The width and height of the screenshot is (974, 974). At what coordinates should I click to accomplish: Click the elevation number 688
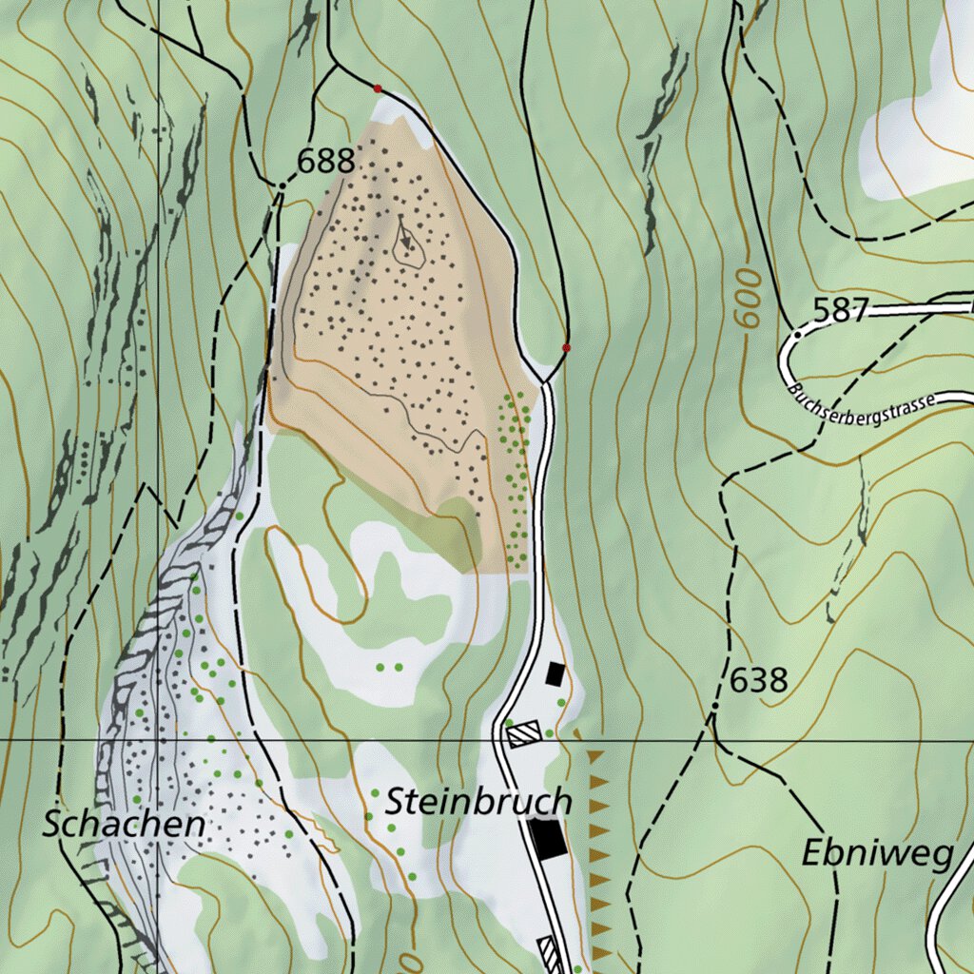tap(326, 162)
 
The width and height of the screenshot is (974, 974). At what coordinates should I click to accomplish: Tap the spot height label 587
tap(840, 310)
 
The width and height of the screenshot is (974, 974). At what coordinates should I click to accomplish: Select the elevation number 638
tap(759, 680)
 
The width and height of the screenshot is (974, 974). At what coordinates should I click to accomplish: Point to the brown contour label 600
tap(750, 298)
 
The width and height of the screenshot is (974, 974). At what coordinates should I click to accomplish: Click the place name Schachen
tap(124, 825)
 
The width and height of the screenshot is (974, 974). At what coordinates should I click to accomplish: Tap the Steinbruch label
tap(478, 802)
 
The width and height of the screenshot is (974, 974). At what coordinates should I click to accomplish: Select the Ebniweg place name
tap(876, 853)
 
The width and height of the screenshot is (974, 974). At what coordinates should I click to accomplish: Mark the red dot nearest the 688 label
tap(378, 88)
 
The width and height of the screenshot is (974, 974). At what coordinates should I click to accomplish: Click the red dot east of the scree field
tap(566, 348)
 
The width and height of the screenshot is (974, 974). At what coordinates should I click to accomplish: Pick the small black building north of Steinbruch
tap(555, 674)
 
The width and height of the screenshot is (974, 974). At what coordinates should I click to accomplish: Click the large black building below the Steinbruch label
tap(548, 838)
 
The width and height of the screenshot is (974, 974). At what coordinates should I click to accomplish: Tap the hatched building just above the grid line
tap(524, 733)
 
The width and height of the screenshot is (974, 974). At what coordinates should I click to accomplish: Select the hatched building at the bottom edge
tap(548, 951)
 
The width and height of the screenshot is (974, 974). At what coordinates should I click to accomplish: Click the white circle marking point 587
tap(797, 335)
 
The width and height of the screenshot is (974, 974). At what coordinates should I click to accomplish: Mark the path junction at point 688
tap(282, 183)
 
